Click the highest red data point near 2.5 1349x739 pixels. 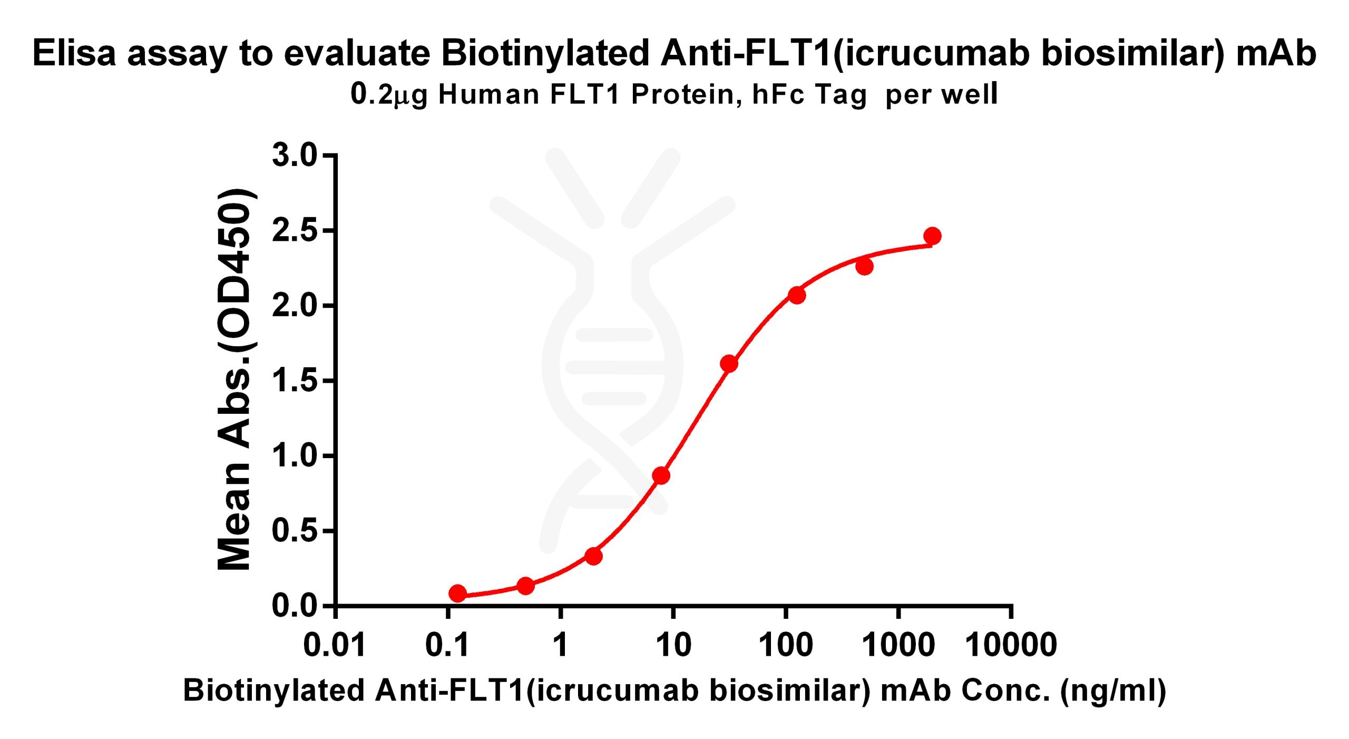(932, 236)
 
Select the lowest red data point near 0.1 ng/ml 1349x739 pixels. (457, 593)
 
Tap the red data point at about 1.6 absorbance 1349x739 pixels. (729, 363)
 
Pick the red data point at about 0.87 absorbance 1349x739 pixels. (661, 475)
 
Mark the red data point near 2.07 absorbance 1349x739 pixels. (797, 295)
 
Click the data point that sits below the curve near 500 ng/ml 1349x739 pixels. (865, 267)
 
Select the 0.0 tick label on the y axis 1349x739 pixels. (295, 606)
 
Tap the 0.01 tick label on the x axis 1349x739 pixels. (335, 645)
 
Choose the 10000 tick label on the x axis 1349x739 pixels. (1011, 645)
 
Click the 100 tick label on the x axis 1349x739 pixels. (786, 645)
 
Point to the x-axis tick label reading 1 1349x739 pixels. (560, 645)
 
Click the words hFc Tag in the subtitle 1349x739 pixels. (809, 95)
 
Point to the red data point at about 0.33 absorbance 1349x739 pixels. (593, 556)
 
